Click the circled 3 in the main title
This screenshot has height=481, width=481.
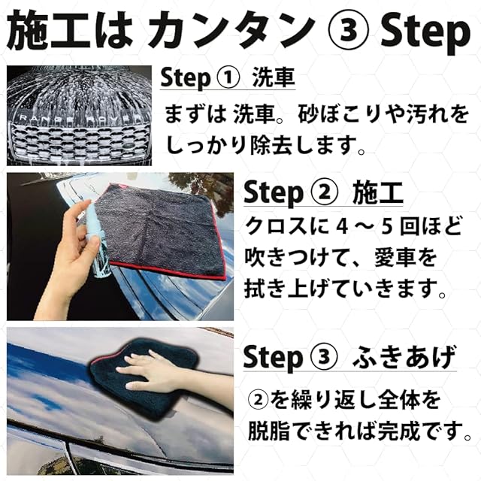[348, 32]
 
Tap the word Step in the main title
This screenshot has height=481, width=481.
[425, 33]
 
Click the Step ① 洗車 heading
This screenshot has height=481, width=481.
[227, 77]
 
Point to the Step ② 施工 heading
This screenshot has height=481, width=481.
[323, 193]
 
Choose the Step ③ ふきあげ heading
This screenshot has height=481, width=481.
[349, 358]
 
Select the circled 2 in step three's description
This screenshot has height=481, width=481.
[258, 401]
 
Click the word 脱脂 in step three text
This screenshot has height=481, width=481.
[268, 431]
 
